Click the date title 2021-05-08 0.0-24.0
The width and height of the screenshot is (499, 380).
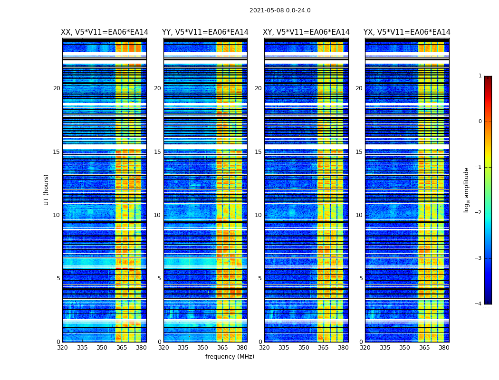280,10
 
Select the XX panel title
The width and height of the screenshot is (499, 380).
105,32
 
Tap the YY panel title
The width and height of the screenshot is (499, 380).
205,32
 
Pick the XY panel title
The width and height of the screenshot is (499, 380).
306,32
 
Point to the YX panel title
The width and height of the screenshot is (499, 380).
407,32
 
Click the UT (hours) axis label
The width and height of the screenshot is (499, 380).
47,190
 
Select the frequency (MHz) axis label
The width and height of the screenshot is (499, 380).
230,357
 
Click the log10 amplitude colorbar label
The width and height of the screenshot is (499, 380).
467,190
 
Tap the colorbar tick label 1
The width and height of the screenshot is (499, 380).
480,76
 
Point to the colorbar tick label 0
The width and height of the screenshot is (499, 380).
480,122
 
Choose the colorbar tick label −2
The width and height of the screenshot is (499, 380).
479,213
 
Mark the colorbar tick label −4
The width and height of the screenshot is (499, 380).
479,304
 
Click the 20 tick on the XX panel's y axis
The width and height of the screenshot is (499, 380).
57,88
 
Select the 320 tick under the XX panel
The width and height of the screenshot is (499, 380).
62,348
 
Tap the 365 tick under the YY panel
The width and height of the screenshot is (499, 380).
222,348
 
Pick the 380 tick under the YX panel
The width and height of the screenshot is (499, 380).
444,348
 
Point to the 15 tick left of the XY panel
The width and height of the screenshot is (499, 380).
258,152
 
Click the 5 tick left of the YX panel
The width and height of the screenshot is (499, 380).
361,278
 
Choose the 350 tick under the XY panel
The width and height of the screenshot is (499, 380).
304,348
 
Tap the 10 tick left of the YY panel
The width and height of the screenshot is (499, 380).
157,215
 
